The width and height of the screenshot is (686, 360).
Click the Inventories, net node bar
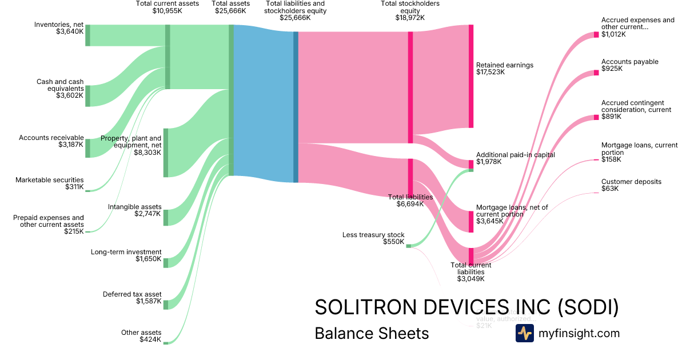click(x=87, y=35)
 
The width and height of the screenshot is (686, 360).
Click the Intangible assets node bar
click(x=166, y=218)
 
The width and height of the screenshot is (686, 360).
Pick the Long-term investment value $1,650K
click(x=149, y=259)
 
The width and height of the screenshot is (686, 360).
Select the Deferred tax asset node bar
click(x=166, y=304)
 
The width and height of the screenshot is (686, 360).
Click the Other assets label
click(x=141, y=333)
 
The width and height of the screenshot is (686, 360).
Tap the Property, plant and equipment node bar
click(x=166, y=153)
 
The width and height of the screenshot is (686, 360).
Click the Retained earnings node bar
click(x=471, y=76)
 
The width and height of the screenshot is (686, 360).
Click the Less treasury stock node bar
click(x=408, y=246)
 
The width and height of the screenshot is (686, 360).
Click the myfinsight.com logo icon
click(x=524, y=333)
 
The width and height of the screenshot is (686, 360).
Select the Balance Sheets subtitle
click(x=372, y=333)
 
